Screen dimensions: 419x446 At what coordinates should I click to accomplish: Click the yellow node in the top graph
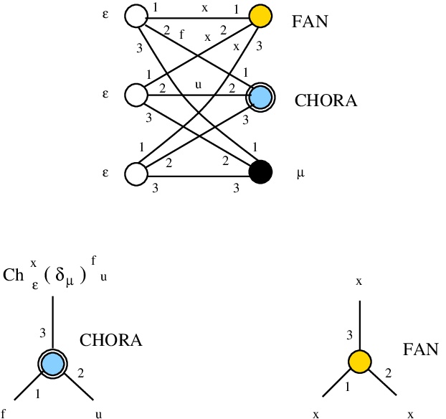tap(261, 17)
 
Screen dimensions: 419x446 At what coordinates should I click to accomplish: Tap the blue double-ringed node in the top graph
tap(261, 95)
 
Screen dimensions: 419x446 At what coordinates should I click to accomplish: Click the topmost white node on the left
tap(136, 16)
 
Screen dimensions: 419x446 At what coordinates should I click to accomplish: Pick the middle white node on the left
tap(136, 95)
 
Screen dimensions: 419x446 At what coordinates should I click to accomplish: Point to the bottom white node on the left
tap(136, 174)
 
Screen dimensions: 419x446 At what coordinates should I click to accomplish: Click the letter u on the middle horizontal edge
tap(199, 85)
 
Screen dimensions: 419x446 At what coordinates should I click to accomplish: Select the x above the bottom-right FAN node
tap(359, 281)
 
